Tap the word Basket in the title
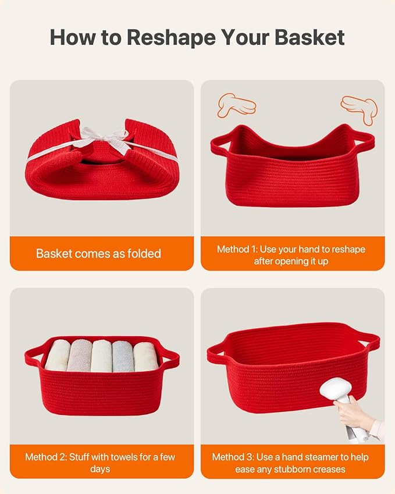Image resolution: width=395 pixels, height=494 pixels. pyautogui.click(x=309, y=37)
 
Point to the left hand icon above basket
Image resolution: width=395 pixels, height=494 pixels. pyautogui.click(x=236, y=105)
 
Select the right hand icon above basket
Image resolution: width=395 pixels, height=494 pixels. pyautogui.click(x=359, y=109)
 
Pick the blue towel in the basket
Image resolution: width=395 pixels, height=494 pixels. pyautogui.click(x=123, y=356)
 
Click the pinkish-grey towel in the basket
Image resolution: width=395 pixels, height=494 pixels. pyautogui.click(x=79, y=356)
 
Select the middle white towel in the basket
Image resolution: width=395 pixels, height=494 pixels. pyautogui.click(x=102, y=356)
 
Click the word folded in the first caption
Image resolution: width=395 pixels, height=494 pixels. pyautogui.click(x=144, y=253)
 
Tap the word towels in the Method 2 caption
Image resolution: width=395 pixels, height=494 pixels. pyautogui.click(x=126, y=457)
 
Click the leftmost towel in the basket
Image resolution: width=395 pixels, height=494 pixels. pyautogui.click(x=58, y=355)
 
